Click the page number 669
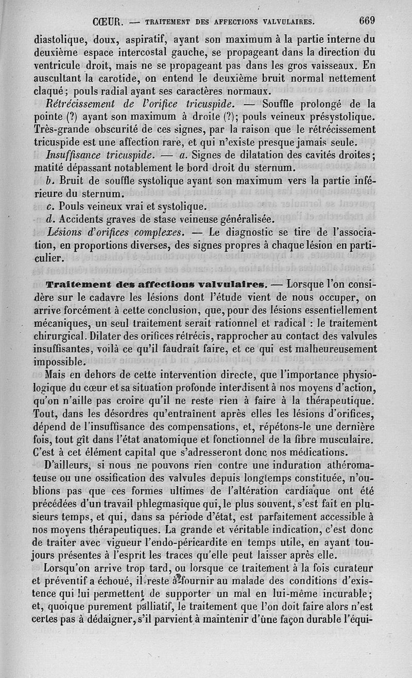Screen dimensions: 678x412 [367, 21]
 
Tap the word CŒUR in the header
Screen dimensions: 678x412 [107, 22]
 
